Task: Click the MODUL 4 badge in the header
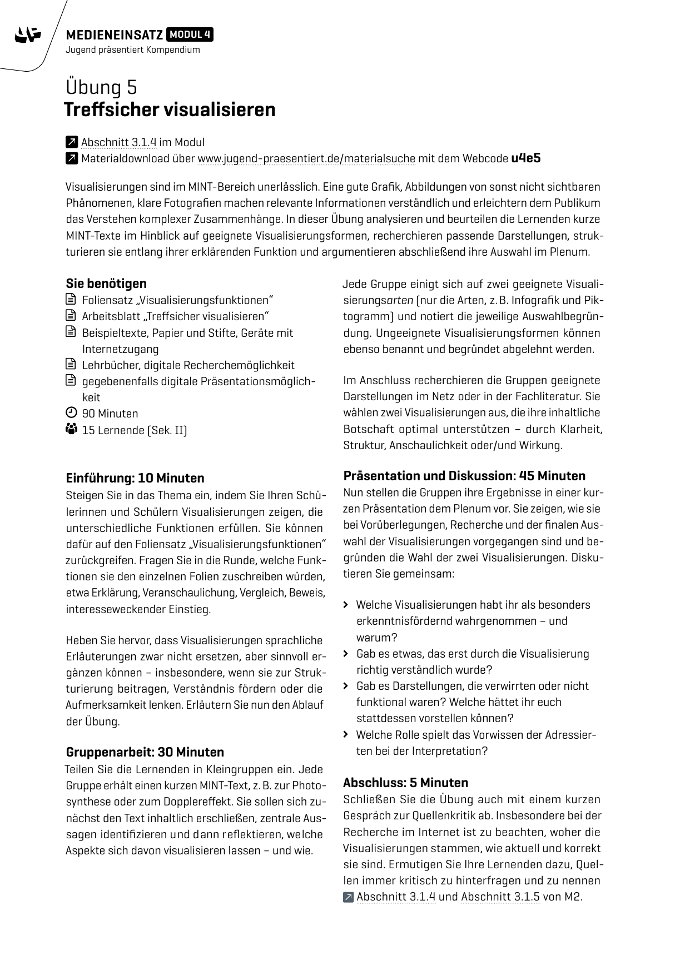[x=190, y=35]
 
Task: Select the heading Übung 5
[x=101, y=87]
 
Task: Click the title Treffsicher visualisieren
[x=170, y=110]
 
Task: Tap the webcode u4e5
[x=525, y=158]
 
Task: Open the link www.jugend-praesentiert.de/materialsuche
[x=306, y=158]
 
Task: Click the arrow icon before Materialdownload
[x=71, y=158]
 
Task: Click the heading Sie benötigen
[x=106, y=283]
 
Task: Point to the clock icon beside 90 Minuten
[x=71, y=413]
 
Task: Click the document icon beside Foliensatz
[x=71, y=300]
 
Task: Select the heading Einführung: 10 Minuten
[x=135, y=478]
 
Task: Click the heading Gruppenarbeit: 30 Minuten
[x=145, y=752]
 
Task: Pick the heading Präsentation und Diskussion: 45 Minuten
[x=464, y=476]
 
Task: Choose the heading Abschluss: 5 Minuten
[x=405, y=783]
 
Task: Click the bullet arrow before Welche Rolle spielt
[x=346, y=735]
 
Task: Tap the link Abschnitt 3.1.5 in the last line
[x=500, y=897]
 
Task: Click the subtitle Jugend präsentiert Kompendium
[x=132, y=50]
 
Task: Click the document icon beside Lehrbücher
[x=71, y=365]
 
